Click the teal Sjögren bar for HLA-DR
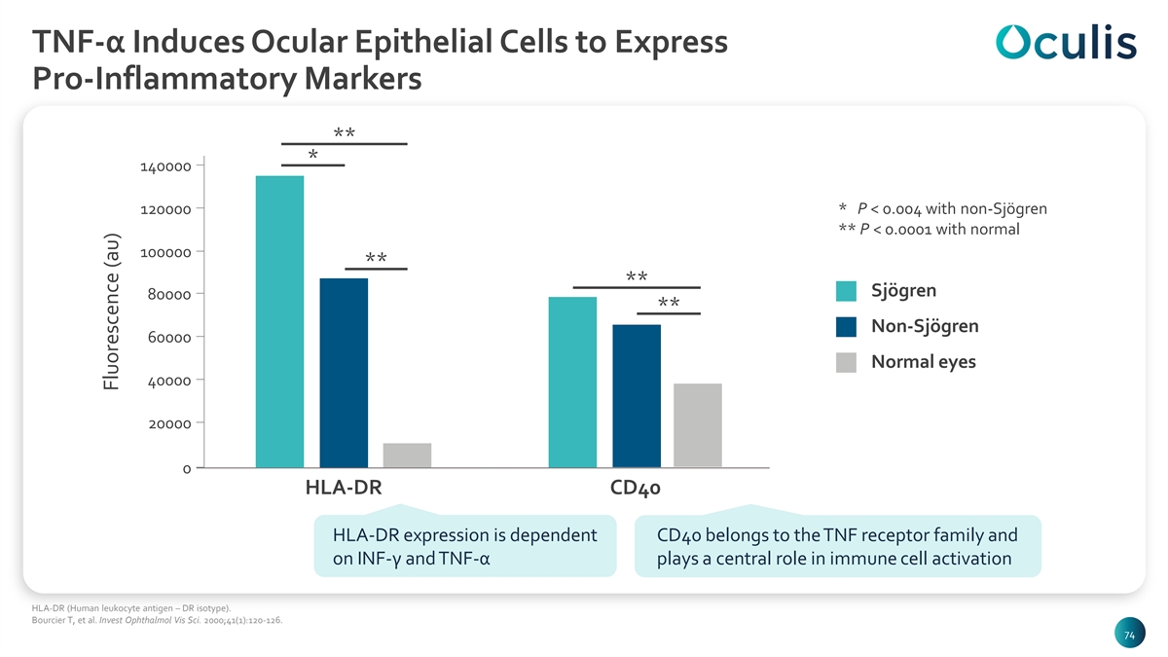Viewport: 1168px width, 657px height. pos(279,322)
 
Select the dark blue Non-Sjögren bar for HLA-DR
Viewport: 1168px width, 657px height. pos(344,373)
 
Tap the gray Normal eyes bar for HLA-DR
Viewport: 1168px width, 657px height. pos(407,456)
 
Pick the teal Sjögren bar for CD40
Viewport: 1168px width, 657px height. pos(572,383)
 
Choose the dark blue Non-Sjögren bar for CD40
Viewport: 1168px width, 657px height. pos(637,396)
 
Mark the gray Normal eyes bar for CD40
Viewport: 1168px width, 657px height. pos(698,425)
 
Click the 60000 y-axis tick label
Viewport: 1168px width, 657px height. pos(169,338)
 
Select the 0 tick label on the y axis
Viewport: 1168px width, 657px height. pos(187,469)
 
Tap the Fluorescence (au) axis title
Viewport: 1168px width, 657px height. pos(112,311)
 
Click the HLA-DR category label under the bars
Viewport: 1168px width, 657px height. pos(344,488)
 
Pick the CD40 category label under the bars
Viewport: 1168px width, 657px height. pos(635,488)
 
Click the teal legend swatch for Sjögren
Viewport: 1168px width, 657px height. pos(846,291)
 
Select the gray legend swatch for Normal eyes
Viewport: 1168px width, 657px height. pos(846,362)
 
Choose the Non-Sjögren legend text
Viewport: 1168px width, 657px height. pos(925,326)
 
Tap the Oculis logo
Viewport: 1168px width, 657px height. pos(1066,41)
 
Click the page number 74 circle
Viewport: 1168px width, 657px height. pos(1129,633)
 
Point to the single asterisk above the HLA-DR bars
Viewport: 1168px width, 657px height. pos(312,154)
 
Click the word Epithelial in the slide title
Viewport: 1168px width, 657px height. pos(423,42)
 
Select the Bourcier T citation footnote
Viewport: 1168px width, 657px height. pos(157,621)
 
